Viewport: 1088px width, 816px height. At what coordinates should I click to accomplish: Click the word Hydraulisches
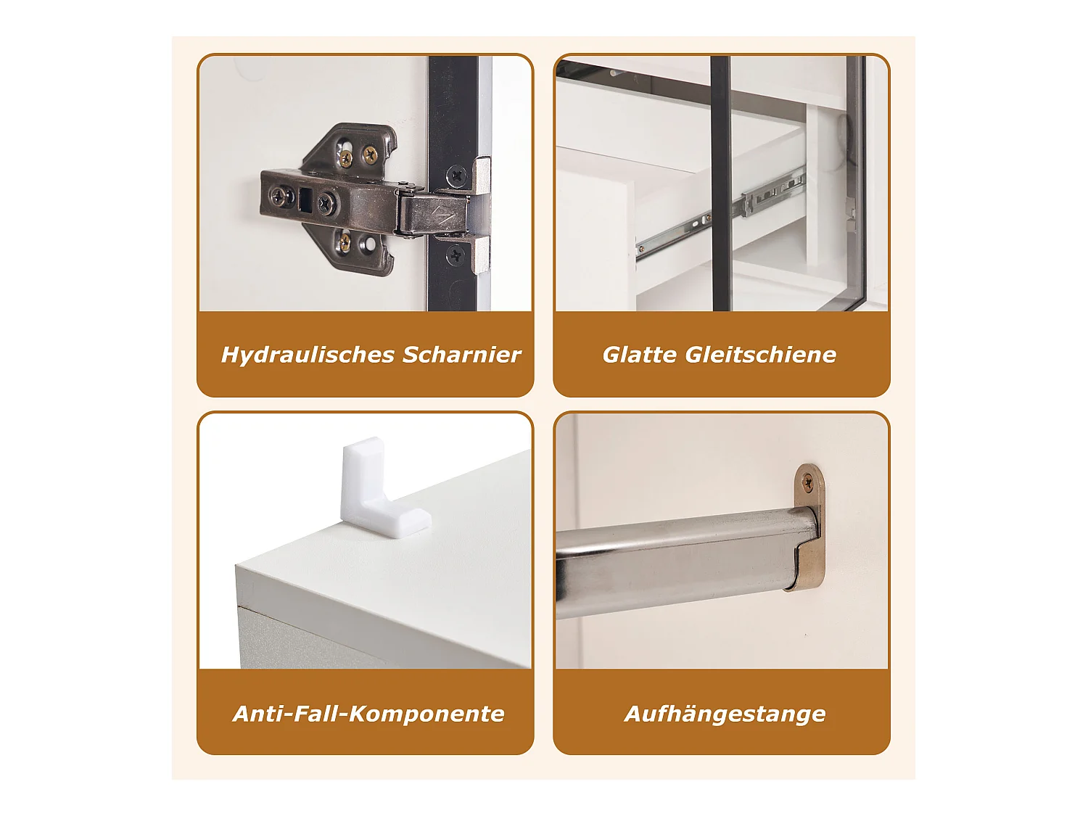tap(308, 355)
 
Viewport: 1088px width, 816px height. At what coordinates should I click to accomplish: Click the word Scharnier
tap(461, 355)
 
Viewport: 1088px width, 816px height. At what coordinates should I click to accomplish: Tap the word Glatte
tap(640, 355)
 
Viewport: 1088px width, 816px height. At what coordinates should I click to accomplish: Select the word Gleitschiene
tap(761, 355)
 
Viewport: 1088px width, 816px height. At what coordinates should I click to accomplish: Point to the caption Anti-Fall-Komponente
tap(368, 714)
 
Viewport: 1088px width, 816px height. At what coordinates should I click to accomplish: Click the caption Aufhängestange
tap(725, 714)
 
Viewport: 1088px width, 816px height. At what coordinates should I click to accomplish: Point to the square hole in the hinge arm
tap(305, 199)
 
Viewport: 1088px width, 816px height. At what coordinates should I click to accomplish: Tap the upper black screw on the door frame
tap(456, 176)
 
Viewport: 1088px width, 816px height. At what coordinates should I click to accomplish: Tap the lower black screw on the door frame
tap(456, 255)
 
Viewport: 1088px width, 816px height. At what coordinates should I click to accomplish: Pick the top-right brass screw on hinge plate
tap(370, 154)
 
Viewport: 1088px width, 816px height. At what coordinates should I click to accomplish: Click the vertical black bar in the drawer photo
tap(721, 184)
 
